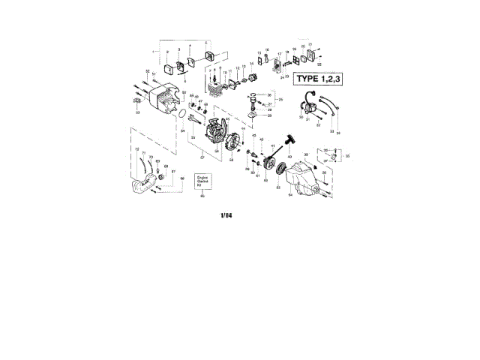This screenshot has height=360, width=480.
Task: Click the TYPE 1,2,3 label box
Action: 319,78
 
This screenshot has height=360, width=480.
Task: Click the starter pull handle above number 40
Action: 289,140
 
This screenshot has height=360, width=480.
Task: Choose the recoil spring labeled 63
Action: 283,170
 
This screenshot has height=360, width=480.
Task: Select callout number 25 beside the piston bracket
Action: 281,100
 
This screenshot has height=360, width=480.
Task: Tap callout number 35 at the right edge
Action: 346,155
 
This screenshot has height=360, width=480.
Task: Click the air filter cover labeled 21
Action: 310,55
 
